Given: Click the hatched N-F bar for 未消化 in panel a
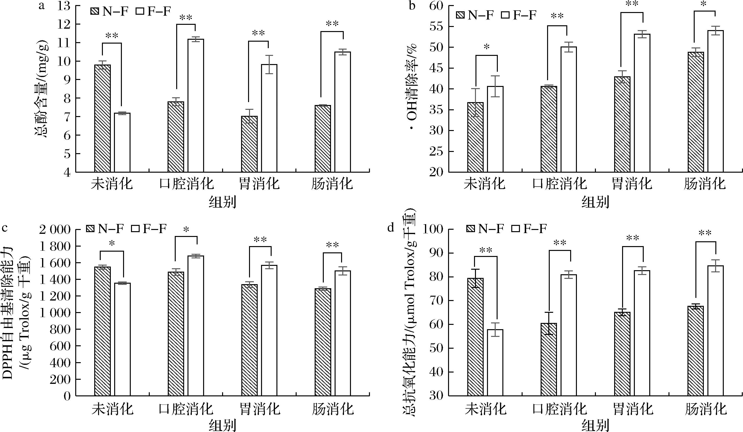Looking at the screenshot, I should tap(102, 118).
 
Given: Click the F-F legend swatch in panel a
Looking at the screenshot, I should tap(140, 12).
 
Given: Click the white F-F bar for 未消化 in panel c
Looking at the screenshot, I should tap(122, 339).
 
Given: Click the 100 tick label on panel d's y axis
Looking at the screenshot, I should tap(434, 229).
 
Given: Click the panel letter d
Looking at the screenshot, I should tap(391, 228).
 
